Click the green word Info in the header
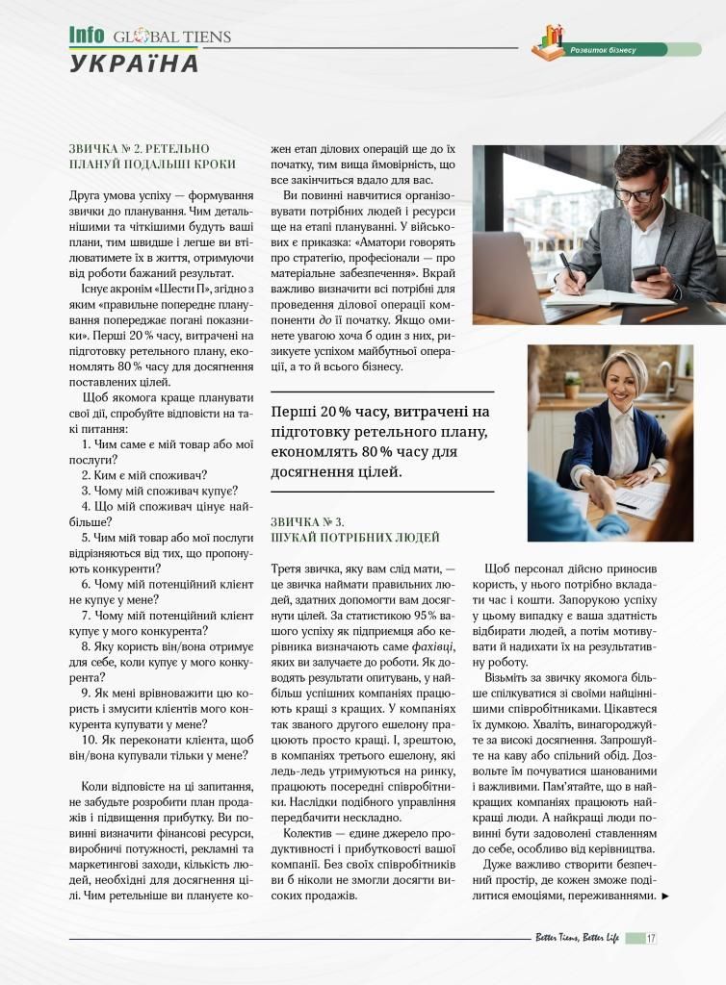coord(86,36)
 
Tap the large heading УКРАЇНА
coord(134,63)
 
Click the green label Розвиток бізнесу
coord(603,49)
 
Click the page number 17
coord(652,938)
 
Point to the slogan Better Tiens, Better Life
coord(578,938)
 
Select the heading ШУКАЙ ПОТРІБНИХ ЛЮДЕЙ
coord(355,537)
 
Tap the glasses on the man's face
coord(636,192)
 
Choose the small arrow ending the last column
coord(665,897)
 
